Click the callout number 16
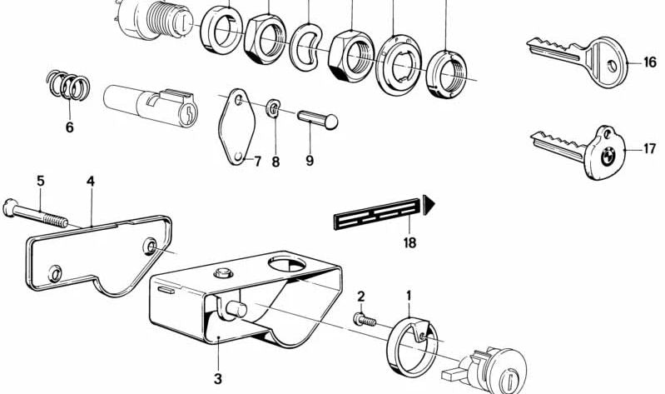[x=650, y=63]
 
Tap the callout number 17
[x=650, y=149]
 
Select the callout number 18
[x=410, y=243]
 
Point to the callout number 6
[x=69, y=127]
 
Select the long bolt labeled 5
[x=42, y=212]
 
